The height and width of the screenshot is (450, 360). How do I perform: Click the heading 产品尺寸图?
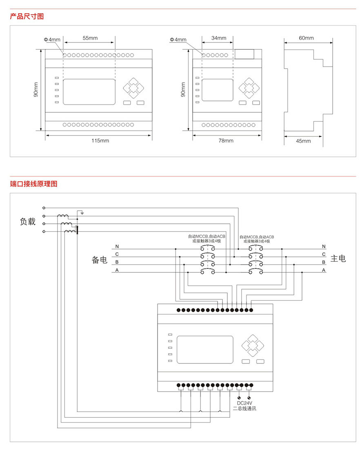point(27,16)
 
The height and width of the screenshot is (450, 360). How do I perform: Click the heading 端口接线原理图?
point(34,184)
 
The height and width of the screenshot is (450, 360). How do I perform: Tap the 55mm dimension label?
point(90,38)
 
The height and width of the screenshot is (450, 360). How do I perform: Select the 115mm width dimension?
point(100,140)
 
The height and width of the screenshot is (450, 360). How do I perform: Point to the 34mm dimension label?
point(219,38)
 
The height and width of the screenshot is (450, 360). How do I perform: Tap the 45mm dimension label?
point(303,141)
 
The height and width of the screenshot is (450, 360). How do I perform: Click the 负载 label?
point(28,222)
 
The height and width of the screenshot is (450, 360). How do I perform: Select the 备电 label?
point(99,259)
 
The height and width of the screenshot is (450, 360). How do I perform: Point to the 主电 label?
point(338,258)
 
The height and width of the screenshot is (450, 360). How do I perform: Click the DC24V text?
point(245,403)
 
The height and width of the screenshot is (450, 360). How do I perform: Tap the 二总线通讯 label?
point(245,408)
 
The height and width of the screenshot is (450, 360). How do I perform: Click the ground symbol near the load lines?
point(82,212)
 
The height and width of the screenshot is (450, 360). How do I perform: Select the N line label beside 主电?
point(324,246)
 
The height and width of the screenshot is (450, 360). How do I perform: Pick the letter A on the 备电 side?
point(117,270)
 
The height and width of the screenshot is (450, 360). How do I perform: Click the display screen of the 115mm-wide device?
point(89,91)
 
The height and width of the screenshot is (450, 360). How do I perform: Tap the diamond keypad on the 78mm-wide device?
point(249,87)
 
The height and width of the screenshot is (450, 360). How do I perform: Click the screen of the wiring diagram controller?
point(205,350)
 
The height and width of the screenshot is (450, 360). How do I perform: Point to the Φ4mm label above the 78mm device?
point(178,40)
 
